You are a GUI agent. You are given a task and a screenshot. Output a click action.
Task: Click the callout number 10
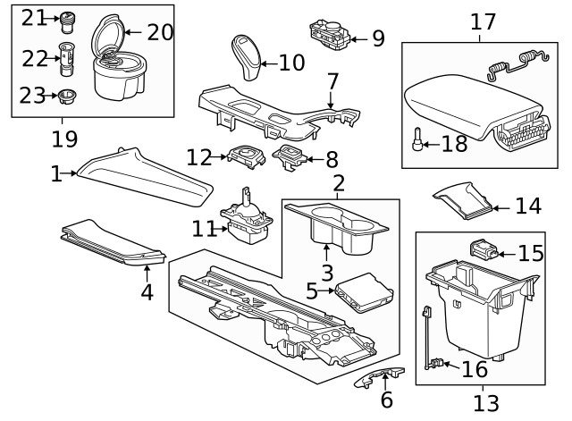(x=292, y=63)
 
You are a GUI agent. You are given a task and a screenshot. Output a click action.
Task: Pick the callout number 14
(x=527, y=206)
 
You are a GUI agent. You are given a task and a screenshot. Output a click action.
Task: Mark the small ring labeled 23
(x=65, y=95)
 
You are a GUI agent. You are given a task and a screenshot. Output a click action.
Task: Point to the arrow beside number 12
(x=220, y=158)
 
